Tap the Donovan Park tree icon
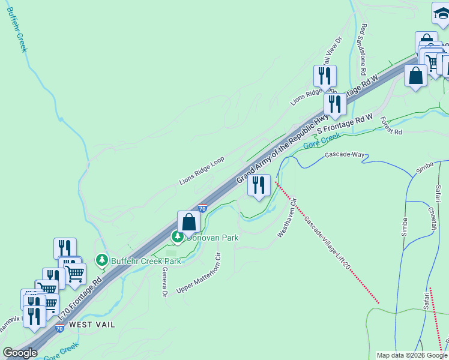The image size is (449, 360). pos(178,238)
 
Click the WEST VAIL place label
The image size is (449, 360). pos(91,324)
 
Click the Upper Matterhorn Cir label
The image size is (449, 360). pos(199,274)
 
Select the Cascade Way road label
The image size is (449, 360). pos(345,155)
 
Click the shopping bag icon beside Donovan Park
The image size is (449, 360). pos(189,221)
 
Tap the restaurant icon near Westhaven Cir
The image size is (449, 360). pos(259,185)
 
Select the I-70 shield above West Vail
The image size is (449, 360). pos(59,328)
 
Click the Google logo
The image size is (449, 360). pos(20,353)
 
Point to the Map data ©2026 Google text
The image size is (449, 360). pos(412,355)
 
